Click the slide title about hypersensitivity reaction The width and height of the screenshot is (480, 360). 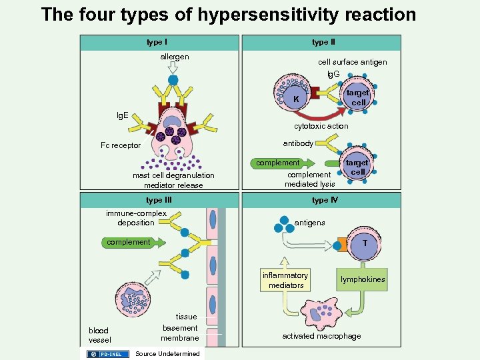(x=228, y=14)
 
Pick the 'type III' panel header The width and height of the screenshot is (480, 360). (x=159, y=200)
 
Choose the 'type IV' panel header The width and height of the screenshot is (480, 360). (x=325, y=200)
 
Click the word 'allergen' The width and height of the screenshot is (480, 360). (x=174, y=57)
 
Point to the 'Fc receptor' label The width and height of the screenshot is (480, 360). (x=121, y=145)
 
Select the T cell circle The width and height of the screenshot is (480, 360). (x=364, y=243)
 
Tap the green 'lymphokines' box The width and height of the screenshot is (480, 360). (x=363, y=280)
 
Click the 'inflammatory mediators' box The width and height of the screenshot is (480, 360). (x=285, y=281)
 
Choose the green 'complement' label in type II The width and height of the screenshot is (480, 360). (x=279, y=163)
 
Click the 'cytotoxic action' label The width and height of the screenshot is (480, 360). (x=321, y=126)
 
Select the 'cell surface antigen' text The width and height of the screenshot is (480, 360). (x=352, y=63)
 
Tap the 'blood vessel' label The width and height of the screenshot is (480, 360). (x=100, y=335)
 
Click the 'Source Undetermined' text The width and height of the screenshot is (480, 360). (x=167, y=353)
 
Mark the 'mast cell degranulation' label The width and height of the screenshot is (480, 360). (x=173, y=176)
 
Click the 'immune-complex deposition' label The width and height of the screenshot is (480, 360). (x=136, y=218)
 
